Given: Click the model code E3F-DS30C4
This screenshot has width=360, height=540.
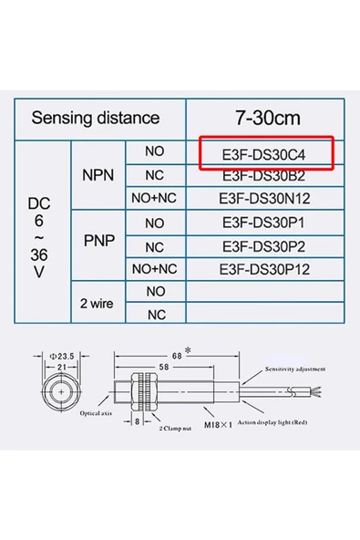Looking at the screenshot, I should pos(266,153).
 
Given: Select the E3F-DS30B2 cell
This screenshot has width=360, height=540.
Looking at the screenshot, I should pos(266,175).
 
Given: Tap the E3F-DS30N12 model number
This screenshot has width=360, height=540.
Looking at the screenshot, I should pos(266,197).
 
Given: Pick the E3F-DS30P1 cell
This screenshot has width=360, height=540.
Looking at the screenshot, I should pos(266,223).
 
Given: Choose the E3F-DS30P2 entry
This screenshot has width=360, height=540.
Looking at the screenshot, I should pos(266,245).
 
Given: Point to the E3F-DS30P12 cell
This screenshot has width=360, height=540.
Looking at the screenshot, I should pos(266,268).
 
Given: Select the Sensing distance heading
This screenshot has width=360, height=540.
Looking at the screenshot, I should pos(95,118).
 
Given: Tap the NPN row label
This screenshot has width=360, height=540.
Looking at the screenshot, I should pos(98,174).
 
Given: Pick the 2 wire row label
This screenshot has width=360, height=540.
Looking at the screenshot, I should pos(96,303).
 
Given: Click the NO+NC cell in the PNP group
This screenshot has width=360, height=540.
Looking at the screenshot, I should pos(154,268).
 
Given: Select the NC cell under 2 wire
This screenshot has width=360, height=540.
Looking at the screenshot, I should pos(155,315).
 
